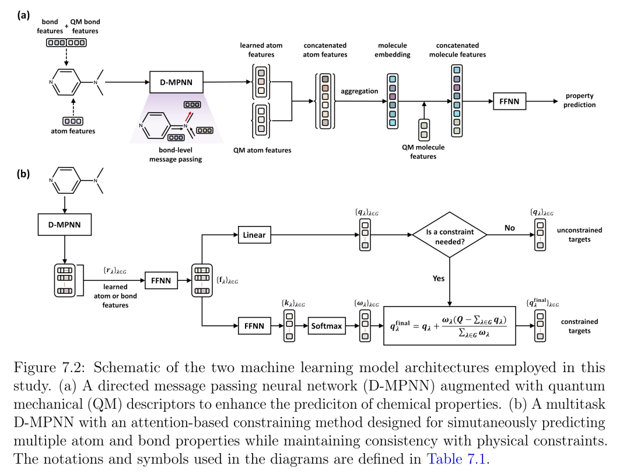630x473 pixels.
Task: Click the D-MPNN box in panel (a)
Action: (176, 82)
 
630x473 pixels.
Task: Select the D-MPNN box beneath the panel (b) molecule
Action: (65, 224)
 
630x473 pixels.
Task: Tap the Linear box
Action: (254, 235)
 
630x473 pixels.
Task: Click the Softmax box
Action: (327, 326)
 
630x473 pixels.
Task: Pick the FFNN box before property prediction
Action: (509, 102)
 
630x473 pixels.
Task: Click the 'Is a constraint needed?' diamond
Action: (450, 235)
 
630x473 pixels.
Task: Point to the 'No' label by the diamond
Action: (509, 228)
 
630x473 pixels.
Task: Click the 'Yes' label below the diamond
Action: (439, 279)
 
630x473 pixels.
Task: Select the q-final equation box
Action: (450, 326)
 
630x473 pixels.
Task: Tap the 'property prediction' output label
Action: (579, 100)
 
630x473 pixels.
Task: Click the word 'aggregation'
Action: (359, 91)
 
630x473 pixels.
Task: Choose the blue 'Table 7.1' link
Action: (456, 459)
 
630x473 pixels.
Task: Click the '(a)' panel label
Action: (23, 15)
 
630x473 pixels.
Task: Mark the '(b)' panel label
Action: (23, 174)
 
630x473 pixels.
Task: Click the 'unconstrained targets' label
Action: (579, 235)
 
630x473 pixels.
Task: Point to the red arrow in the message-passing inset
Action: (188, 116)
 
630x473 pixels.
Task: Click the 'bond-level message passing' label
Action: (176, 154)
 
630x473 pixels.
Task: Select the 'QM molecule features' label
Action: (423, 152)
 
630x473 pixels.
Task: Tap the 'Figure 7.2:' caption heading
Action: (48, 368)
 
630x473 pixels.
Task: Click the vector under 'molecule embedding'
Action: (393, 101)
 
